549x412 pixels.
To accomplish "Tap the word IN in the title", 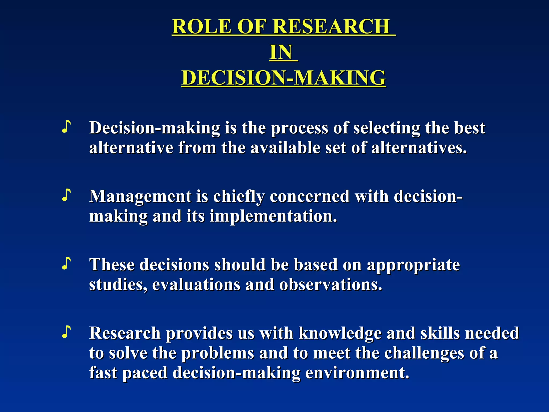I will tap(281, 52).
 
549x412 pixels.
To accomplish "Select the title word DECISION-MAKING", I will tap(284, 78).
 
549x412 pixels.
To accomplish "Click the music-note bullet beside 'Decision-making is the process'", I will tap(66, 127).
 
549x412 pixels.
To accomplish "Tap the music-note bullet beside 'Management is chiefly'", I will tap(66, 195).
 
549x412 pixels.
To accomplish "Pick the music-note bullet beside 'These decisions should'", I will tap(66, 263).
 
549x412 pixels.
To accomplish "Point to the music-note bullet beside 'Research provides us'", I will tap(66, 332).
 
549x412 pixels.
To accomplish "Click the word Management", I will tap(140, 197).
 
